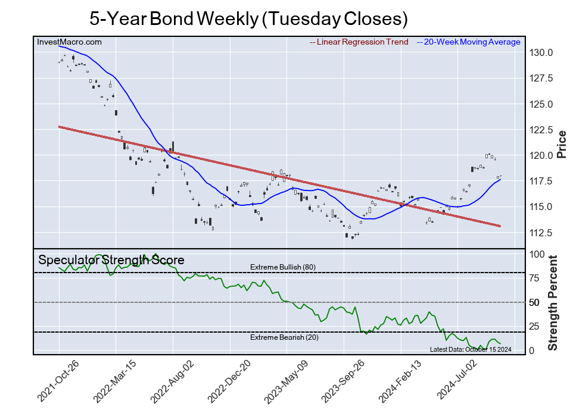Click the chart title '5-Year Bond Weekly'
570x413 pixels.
[248, 18]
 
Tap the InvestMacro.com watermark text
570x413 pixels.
[69, 42]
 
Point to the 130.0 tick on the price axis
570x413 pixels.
[541, 53]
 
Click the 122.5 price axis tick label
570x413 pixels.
[541, 130]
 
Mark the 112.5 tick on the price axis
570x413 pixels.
[541, 233]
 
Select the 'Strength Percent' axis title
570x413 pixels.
[553, 302]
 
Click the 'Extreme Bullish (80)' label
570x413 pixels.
[282, 267]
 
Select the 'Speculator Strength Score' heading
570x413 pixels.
[111, 260]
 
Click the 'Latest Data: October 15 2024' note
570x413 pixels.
[470, 349]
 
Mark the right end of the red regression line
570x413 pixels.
[500, 226]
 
